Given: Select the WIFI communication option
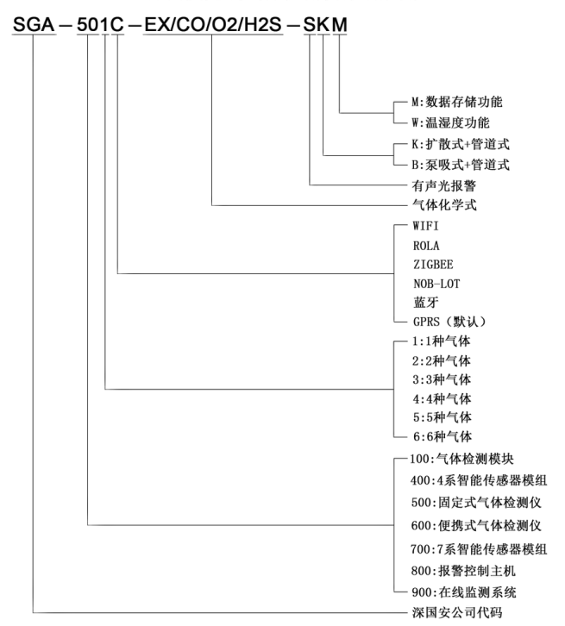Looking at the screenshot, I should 426,226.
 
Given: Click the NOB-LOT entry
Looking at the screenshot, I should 434,283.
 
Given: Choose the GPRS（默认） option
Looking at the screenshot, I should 450,321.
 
